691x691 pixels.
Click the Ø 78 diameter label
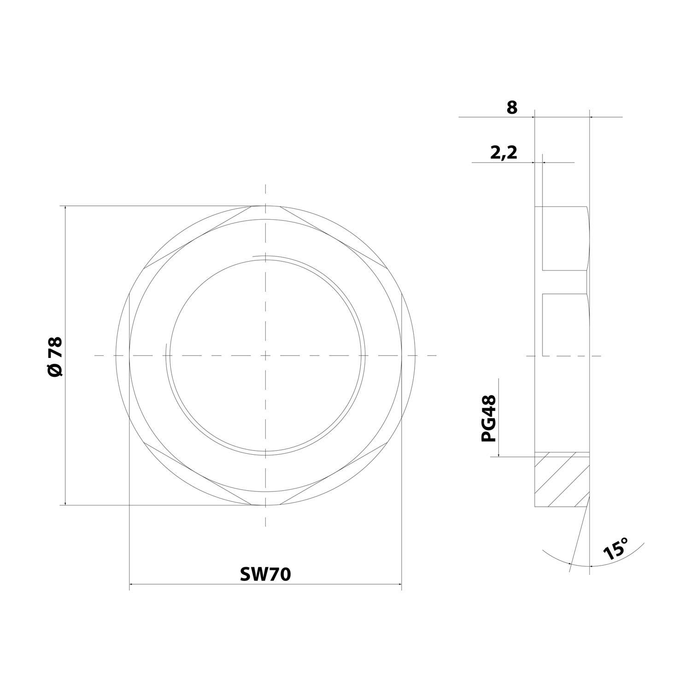pyautogui.click(x=55, y=357)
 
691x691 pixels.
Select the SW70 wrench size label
pyautogui.click(x=265, y=574)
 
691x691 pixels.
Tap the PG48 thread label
pyautogui.click(x=489, y=418)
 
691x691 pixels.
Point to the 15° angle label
pyautogui.click(x=616, y=548)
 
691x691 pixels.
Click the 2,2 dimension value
pyautogui.click(x=504, y=152)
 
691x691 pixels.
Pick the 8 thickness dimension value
pyautogui.click(x=512, y=108)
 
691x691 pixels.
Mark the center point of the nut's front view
pyautogui.click(x=265, y=356)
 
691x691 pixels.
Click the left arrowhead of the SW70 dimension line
pyautogui.click(x=131, y=585)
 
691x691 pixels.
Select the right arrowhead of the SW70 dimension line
pyautogui.click(x=399, y=585)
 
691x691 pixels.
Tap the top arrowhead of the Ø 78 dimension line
pyautogui.click(x=65, y=208)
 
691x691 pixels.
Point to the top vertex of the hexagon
pyautogui.click(x=265, y=206)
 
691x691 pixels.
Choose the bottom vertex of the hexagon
pyautogui.click(x=265, y=505)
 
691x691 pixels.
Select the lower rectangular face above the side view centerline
pyautogui.click(x=565, y=324)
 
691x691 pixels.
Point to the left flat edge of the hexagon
pyautogui.click(x=129, y=356)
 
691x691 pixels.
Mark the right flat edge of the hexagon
pyautogui.click(x=402, y=356)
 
